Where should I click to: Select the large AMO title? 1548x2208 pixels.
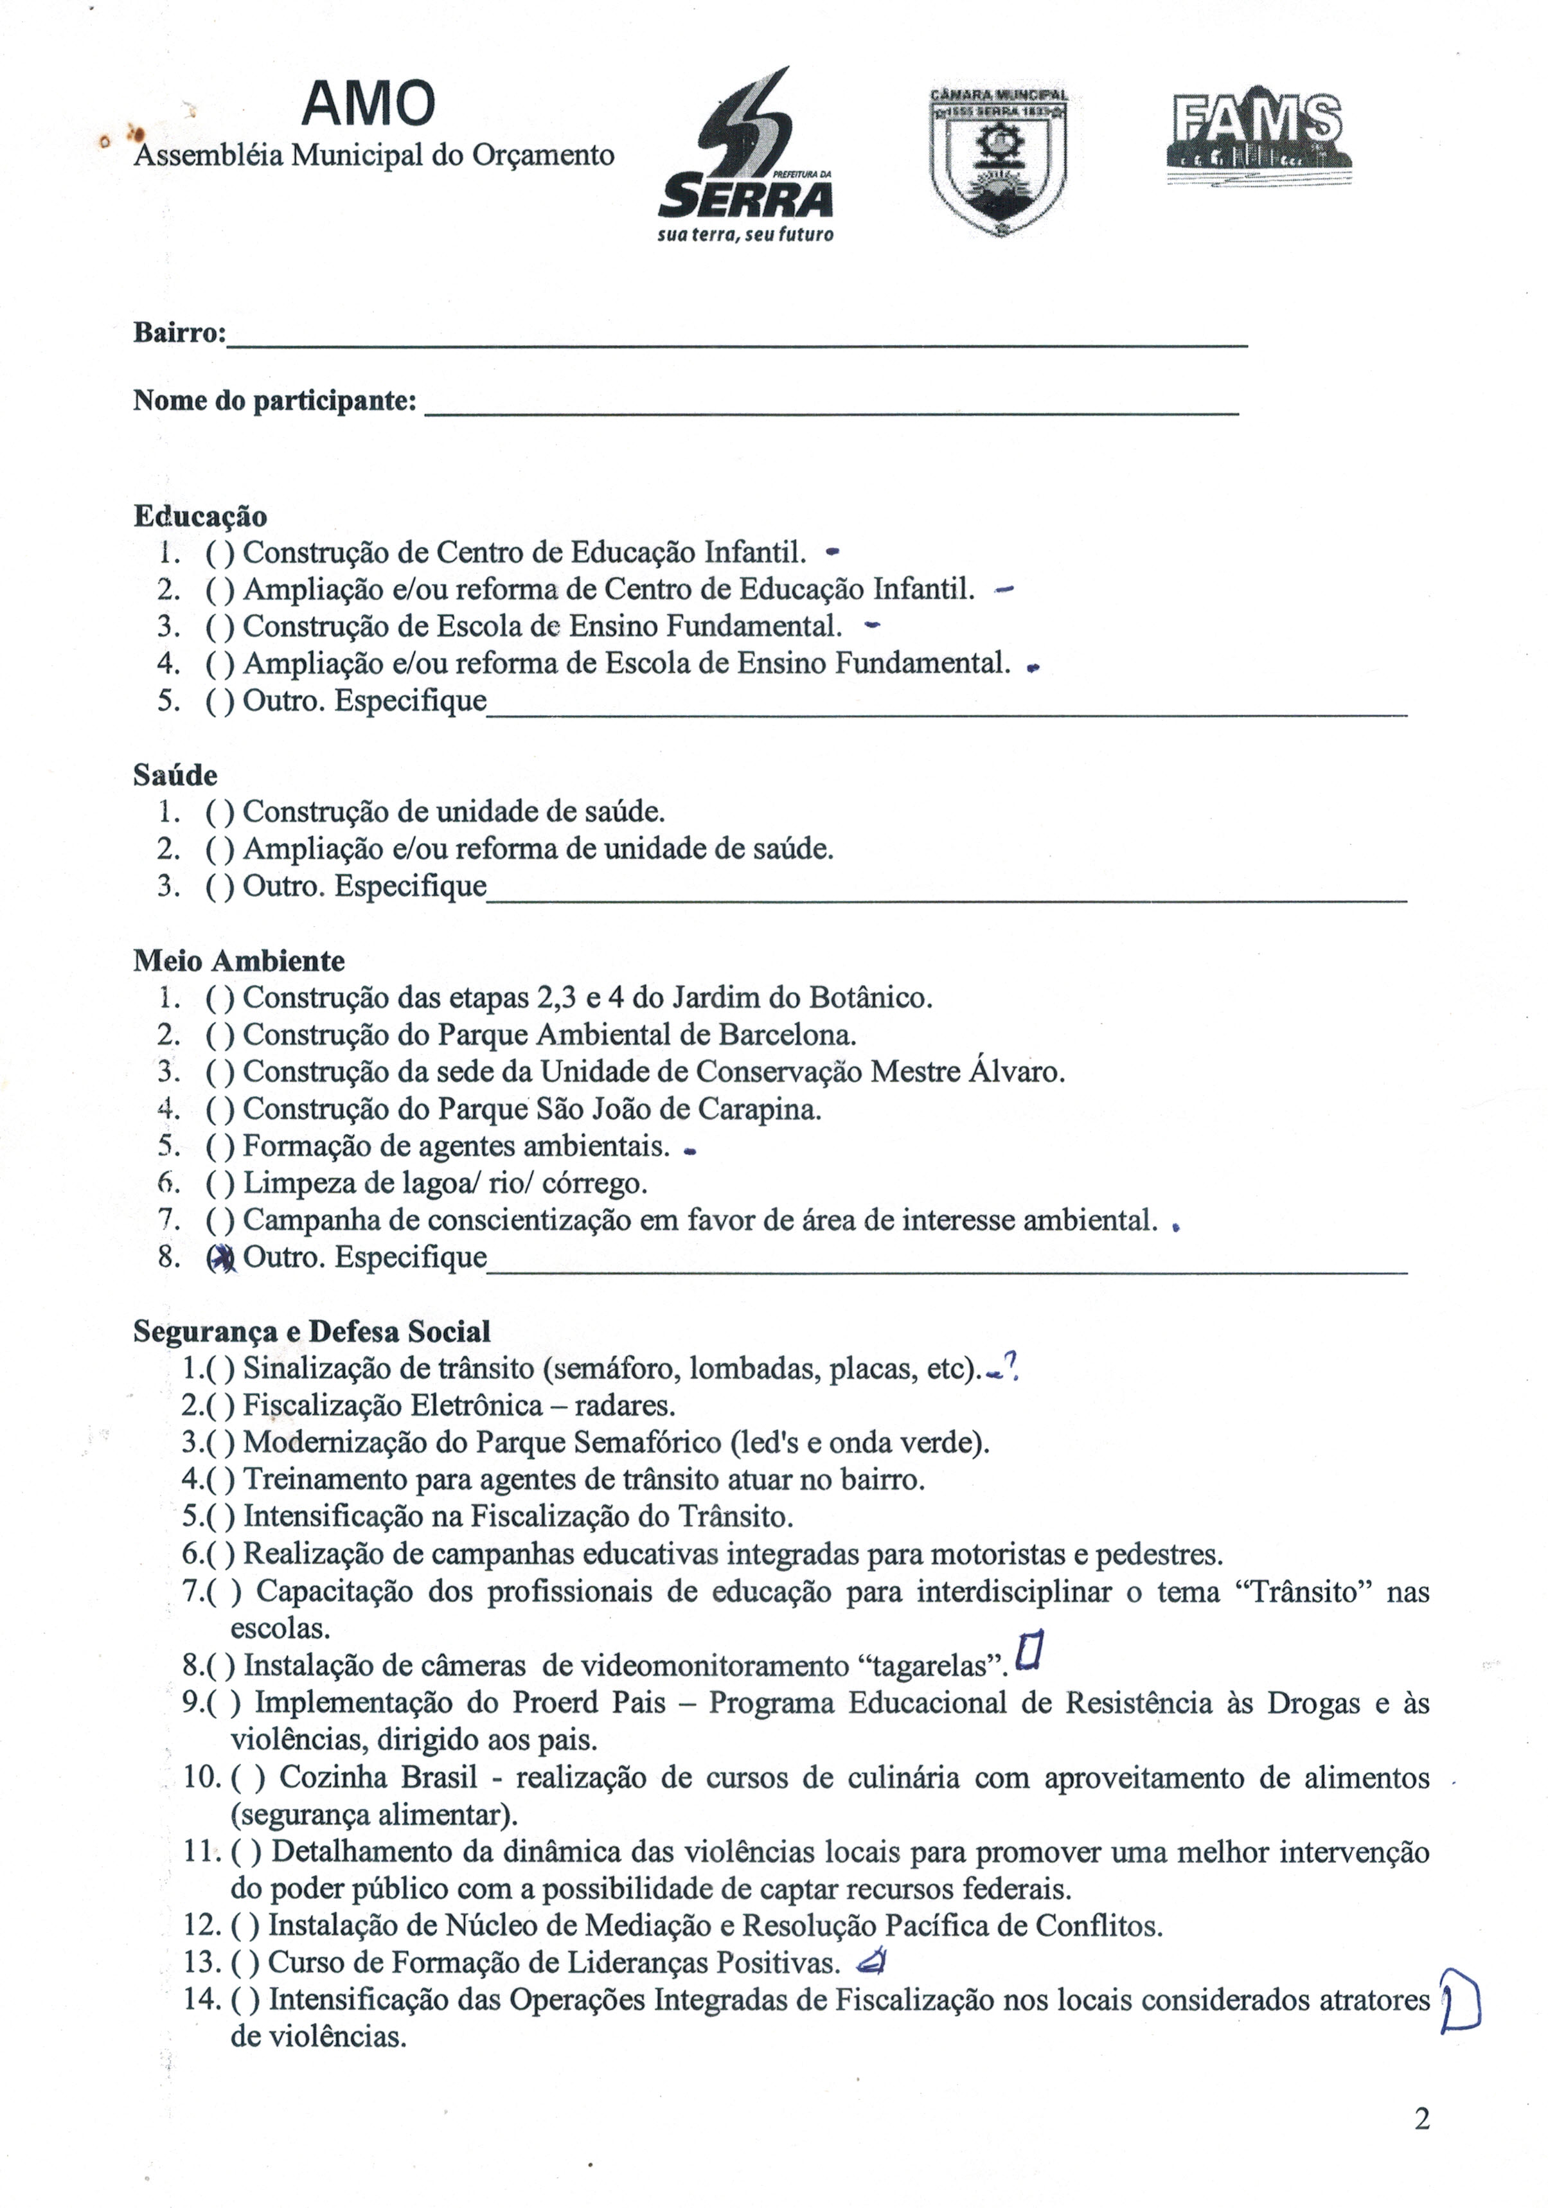pyautogui.click(x=368, y=104)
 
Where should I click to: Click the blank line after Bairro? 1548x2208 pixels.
pyautogui.click(x=736, y=343)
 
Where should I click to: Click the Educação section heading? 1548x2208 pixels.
pyautogui.click(x=200, y=517)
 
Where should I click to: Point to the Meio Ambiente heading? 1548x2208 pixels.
pyautogui.click(x=238, y=961)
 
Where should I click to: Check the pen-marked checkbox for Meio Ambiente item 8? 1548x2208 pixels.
pyautogui.click(x=221, y=1259)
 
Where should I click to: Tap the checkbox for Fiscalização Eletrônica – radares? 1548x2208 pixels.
pyautogui.click(x=222, y=1406)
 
